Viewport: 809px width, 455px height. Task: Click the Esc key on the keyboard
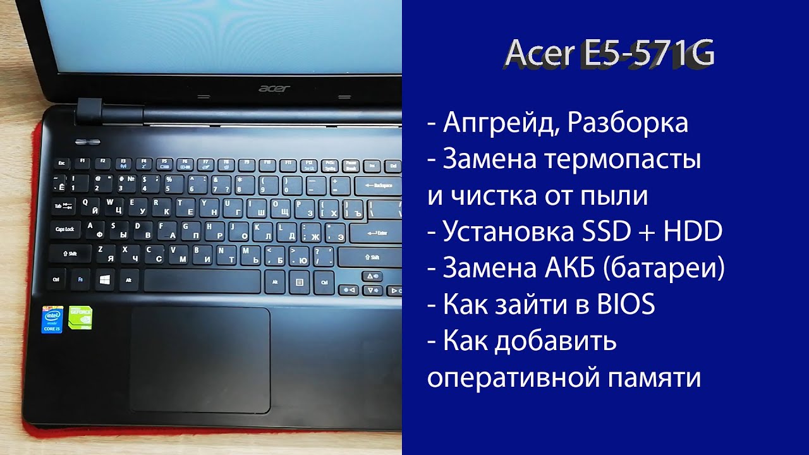[x=62, y=163]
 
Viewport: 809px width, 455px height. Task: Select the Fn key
[x=80, y=278]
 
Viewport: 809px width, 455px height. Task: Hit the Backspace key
[x=378, y=186]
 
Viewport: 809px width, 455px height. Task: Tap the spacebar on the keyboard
[x=202, y=280]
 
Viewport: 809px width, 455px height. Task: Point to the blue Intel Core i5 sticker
[x=52, y=320]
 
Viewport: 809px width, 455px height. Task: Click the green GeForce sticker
[x=80, y=318]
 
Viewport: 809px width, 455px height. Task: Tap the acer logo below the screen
[x=274, y=88]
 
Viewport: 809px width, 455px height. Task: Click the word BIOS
[x=624, y=305]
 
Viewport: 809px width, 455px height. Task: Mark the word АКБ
[x=568, y=269]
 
